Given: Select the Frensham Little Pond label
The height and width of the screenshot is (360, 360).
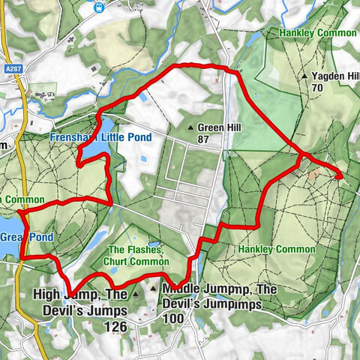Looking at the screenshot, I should click(x=100, y=138).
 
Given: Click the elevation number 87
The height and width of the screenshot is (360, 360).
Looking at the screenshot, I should click(x=202, y=139).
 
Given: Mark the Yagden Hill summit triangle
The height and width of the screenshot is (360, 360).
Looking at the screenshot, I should click(x=304, y=76).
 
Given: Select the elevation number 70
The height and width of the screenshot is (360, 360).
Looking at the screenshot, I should click(x=317, y=88).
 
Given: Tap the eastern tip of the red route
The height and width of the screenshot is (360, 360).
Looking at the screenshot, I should click(x=341, y=177).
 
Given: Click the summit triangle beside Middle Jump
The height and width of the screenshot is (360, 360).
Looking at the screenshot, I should click(x=154, y=288).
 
